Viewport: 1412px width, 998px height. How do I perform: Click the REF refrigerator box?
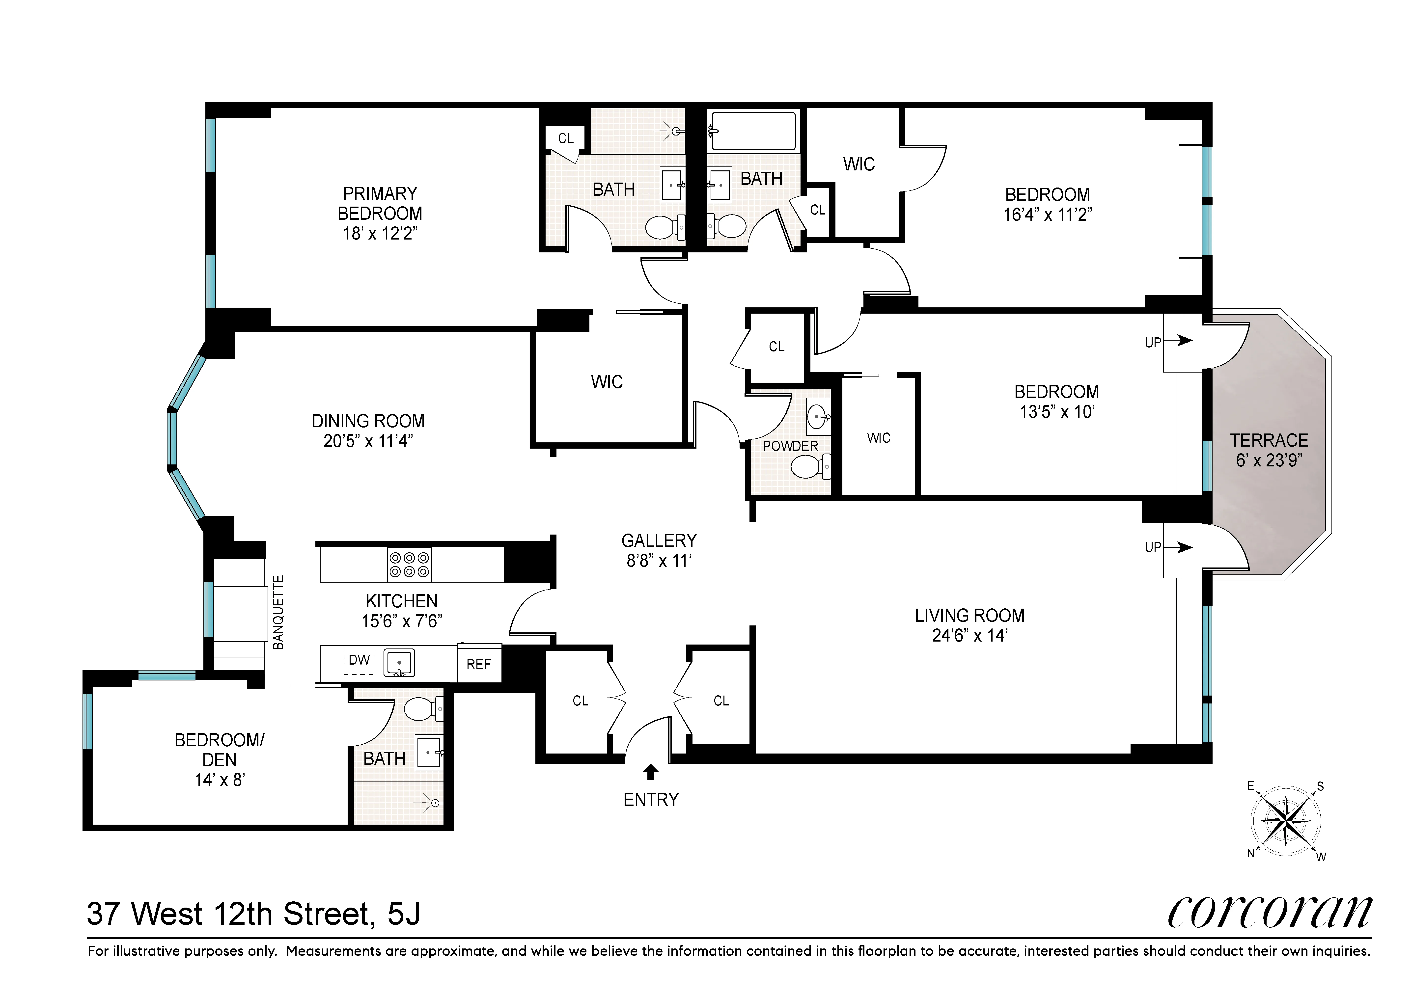pos(478,664)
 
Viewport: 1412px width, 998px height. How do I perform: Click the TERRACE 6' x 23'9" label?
pos(1269,450)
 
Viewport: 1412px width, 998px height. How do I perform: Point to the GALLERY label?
pos(659,540)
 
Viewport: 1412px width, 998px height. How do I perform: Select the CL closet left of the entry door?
pos(580,700)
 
